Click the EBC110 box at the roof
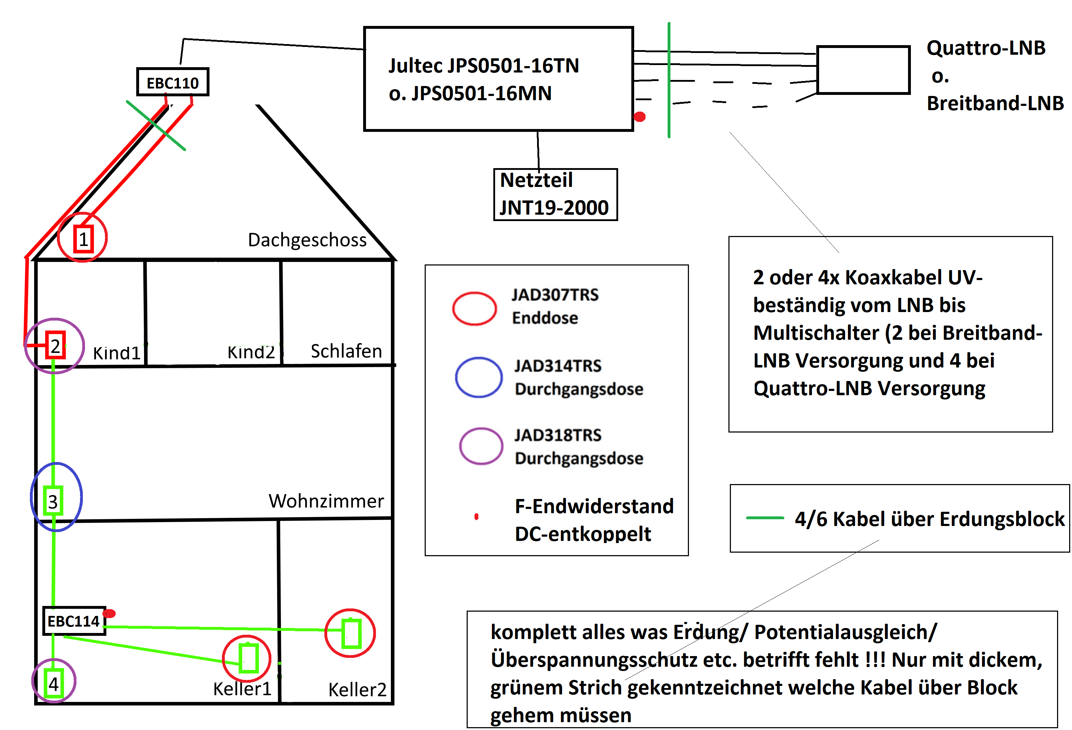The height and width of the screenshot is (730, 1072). click(x=173, y=82)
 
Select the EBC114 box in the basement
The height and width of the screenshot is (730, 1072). click(x=74, y=621)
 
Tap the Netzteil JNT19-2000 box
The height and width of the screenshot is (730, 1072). click(x=555, y=194)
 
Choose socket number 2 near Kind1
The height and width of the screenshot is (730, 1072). click(x=55, y=345)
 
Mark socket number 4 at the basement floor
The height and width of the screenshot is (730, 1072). click(x=53, y=683)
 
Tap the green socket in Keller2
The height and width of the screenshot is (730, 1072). click(x=351, y=633)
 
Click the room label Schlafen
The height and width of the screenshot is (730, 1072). click(x=346, y=351)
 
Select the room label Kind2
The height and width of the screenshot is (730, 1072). click(x=251, y=352)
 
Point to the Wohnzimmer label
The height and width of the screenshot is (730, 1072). click(x=326, y=501)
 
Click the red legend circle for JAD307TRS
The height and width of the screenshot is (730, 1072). click(x=474, y=308)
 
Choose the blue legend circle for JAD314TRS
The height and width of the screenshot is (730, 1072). click(x=478, y=377)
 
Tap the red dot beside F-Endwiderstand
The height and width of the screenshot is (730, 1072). click(x=477, y=517)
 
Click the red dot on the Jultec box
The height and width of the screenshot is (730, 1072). click(x=640, y=117)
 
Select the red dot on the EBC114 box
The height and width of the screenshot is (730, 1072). click(x=109, y=613)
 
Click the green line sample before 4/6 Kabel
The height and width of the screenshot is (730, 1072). click(x=764, y=518)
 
